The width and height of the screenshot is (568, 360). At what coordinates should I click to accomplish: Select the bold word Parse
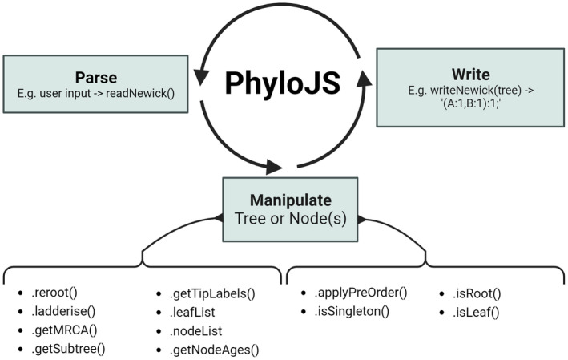point(96,77)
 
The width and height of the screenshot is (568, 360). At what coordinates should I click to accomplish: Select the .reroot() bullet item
point(56,293)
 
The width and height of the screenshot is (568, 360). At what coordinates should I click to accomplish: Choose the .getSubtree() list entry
point(69,349)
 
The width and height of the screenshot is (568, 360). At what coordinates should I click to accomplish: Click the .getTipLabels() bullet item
point(211,293)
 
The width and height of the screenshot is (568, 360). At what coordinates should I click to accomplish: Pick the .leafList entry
point(195,312)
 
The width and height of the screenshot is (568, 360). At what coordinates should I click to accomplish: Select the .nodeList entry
point(196,330)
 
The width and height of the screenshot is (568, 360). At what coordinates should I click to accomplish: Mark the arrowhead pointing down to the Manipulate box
point(275,167)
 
